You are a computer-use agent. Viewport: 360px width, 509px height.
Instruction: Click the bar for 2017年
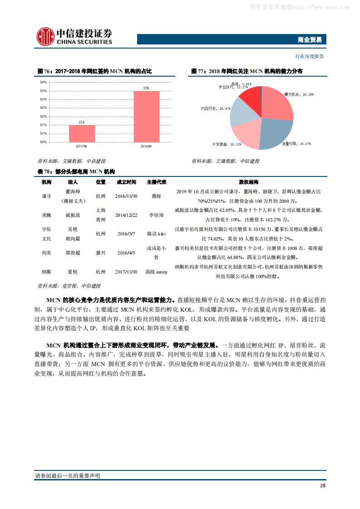(82, 133)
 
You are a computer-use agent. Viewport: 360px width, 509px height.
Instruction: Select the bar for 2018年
(146, 117)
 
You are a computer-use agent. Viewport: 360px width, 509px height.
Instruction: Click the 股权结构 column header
(248, 182)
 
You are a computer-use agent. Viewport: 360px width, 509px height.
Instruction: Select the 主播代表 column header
(156, 182)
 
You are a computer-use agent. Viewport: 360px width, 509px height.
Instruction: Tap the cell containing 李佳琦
(156, 215)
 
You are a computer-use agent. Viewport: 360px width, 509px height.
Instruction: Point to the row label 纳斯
(46, 271)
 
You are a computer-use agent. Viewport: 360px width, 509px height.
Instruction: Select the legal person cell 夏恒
(72, 271)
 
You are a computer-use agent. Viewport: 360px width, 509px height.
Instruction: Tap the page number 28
(322, 485)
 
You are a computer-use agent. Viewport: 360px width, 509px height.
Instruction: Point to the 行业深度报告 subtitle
(310, 56)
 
